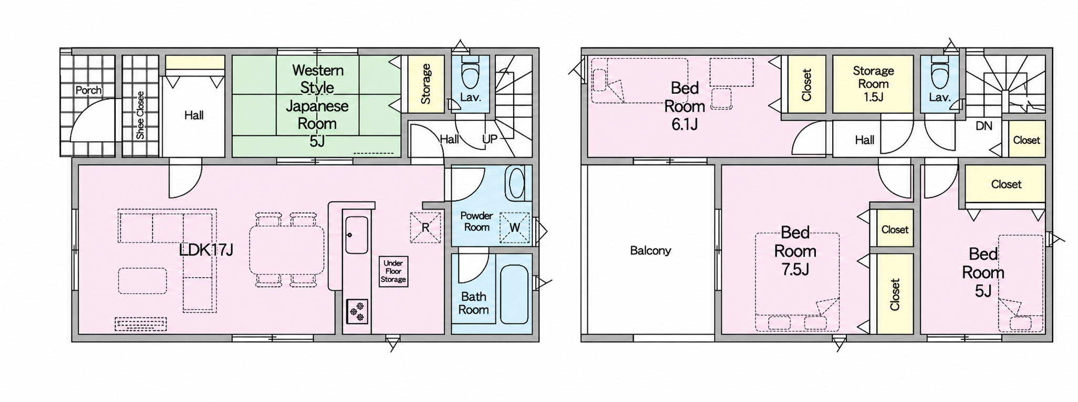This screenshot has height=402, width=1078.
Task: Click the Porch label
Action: [88, 90]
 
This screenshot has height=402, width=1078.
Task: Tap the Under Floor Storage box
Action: [393, 271]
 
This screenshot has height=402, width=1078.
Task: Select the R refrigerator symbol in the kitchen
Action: [426, 227]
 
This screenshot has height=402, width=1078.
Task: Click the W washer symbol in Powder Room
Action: [515, 227]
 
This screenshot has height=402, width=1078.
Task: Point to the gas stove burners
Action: [357, 311]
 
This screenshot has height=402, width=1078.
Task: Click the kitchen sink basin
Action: [357, 235]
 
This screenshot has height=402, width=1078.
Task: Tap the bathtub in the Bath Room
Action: [514, 294]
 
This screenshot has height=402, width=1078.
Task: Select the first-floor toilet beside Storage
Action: [470, 76]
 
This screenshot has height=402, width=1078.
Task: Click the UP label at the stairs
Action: [490, 139]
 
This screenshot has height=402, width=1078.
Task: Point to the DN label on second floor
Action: [984, 126]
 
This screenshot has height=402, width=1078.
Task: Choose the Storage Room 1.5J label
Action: [873, 83]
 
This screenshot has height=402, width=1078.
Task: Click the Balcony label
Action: [650, 251]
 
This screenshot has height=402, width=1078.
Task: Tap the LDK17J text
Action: [206, 250]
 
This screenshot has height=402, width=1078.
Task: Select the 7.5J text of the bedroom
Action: [795, 269]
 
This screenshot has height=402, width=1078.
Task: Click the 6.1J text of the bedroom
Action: [684, 124]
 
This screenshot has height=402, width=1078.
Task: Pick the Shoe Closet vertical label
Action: [140, 115]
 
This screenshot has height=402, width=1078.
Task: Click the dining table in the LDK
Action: [286, 249]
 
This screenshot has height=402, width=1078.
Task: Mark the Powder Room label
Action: [476, 221]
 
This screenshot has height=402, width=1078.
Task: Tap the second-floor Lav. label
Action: [939, 97]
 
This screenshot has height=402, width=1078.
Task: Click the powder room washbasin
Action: [517, 184]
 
